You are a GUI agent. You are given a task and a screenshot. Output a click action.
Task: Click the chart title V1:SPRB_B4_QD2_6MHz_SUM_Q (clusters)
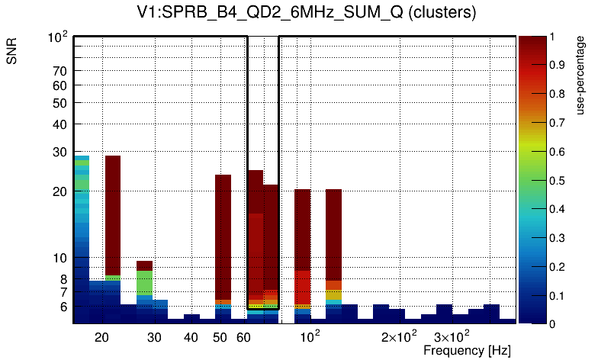pyautogui.click(x=307, y=14)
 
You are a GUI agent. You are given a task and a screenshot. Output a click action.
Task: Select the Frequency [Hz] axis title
pyautogui.click(x=467, y=350)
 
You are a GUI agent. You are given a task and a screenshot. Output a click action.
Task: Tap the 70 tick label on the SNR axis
pyautogui.click(x=60, y=71)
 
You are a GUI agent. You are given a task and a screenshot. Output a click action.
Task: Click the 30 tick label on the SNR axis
pyautogui.click(x=60, y=152)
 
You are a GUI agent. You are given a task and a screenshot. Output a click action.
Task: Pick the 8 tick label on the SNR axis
pyautogui.click(x=63, y=279)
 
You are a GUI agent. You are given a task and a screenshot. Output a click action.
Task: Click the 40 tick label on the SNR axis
pyautogui.click(x=60, y=124)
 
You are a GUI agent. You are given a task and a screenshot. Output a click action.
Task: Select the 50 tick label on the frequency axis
pyautogui.click(x=220, y=337)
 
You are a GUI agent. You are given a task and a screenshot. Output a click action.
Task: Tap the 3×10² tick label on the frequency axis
pyautogui.click(x=451, y=336)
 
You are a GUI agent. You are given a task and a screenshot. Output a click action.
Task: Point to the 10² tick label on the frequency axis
pyautogui.click(x=310, y=336)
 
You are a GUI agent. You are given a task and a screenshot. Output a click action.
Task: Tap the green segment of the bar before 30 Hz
pyautogui.click(x=144, y=283)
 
